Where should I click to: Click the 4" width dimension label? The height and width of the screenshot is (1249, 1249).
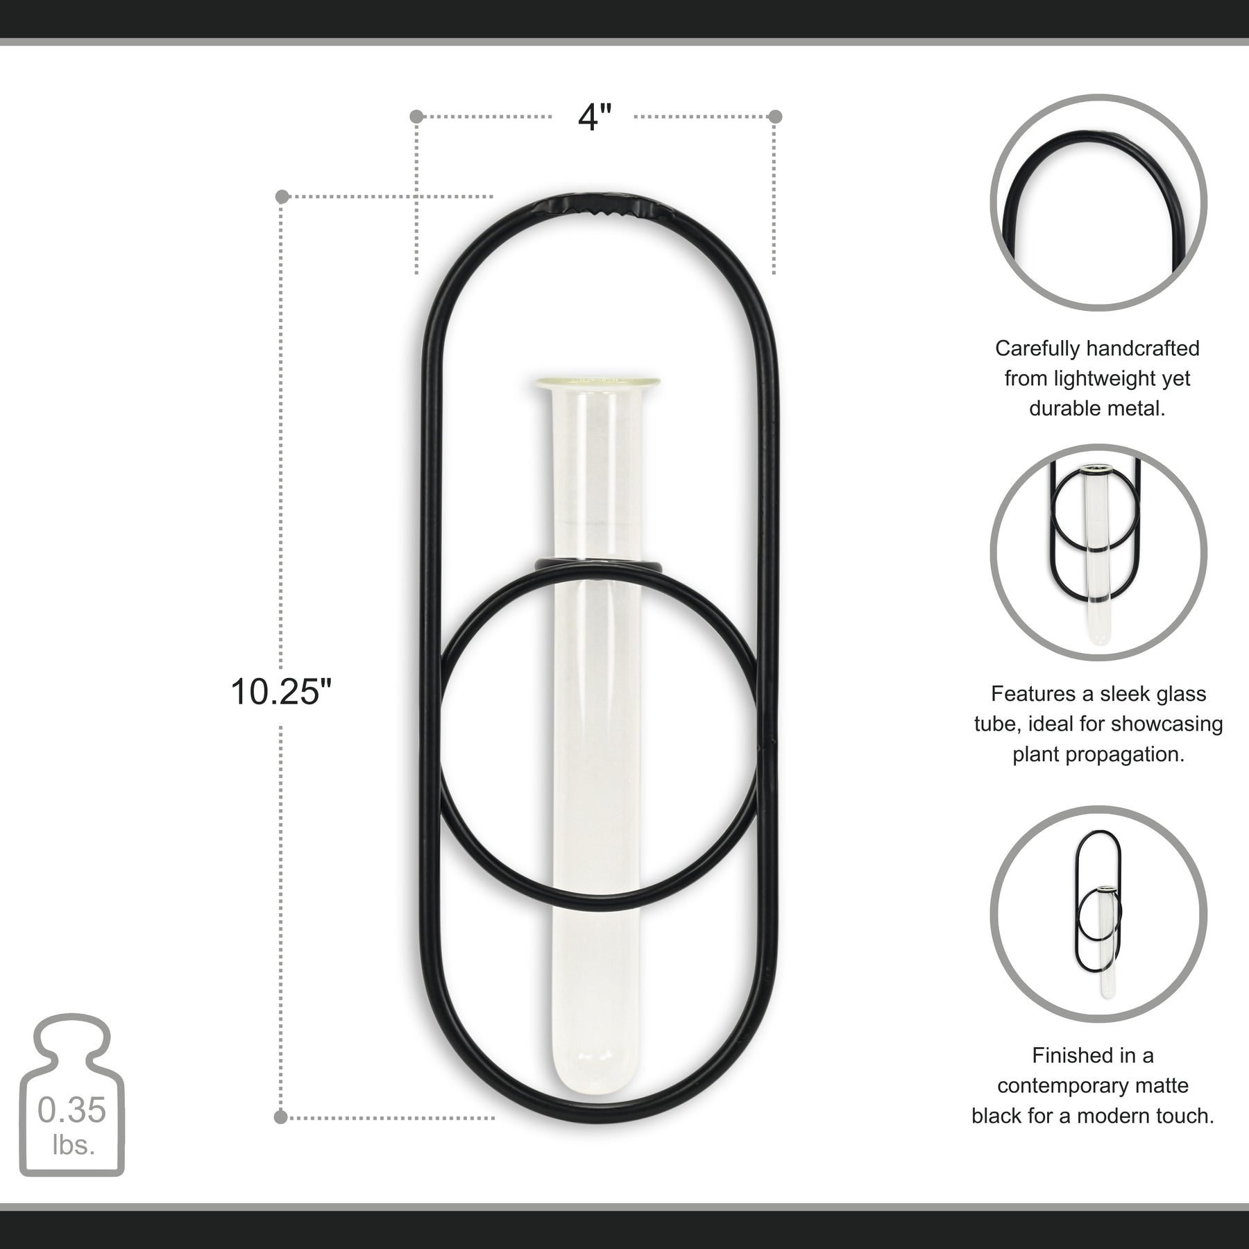point(595,117)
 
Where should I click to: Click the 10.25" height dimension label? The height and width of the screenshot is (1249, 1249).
point(281,692)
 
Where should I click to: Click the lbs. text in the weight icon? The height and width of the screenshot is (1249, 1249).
point(74,1145)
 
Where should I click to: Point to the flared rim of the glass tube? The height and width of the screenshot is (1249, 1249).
point(597,381)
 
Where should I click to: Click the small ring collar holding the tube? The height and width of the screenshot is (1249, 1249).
point(599,566)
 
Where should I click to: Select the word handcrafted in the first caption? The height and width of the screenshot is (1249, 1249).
point(1143,348)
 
